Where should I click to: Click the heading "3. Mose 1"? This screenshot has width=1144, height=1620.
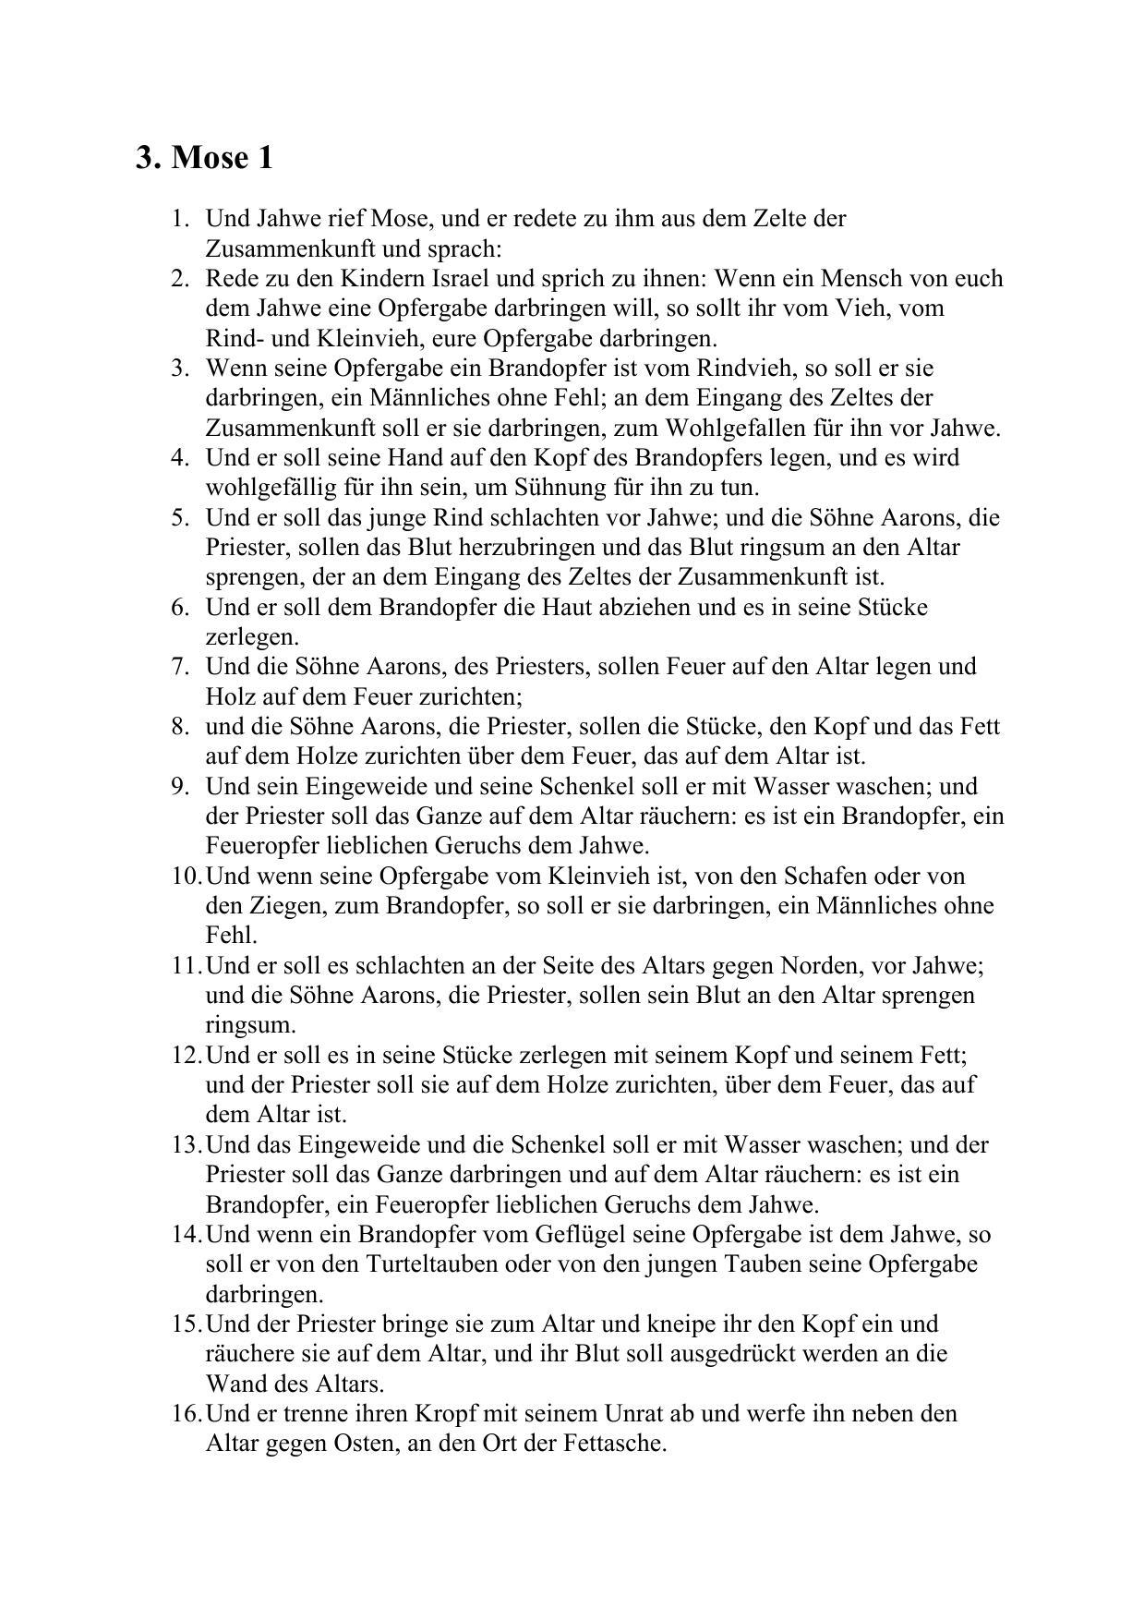coord(204,158)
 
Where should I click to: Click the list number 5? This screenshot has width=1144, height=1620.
coord(180,517)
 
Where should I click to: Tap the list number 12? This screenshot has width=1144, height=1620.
coord(185,1055)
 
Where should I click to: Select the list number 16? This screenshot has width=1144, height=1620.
coord(185,1413)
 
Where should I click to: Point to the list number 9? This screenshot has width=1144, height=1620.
coord(180,786)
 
